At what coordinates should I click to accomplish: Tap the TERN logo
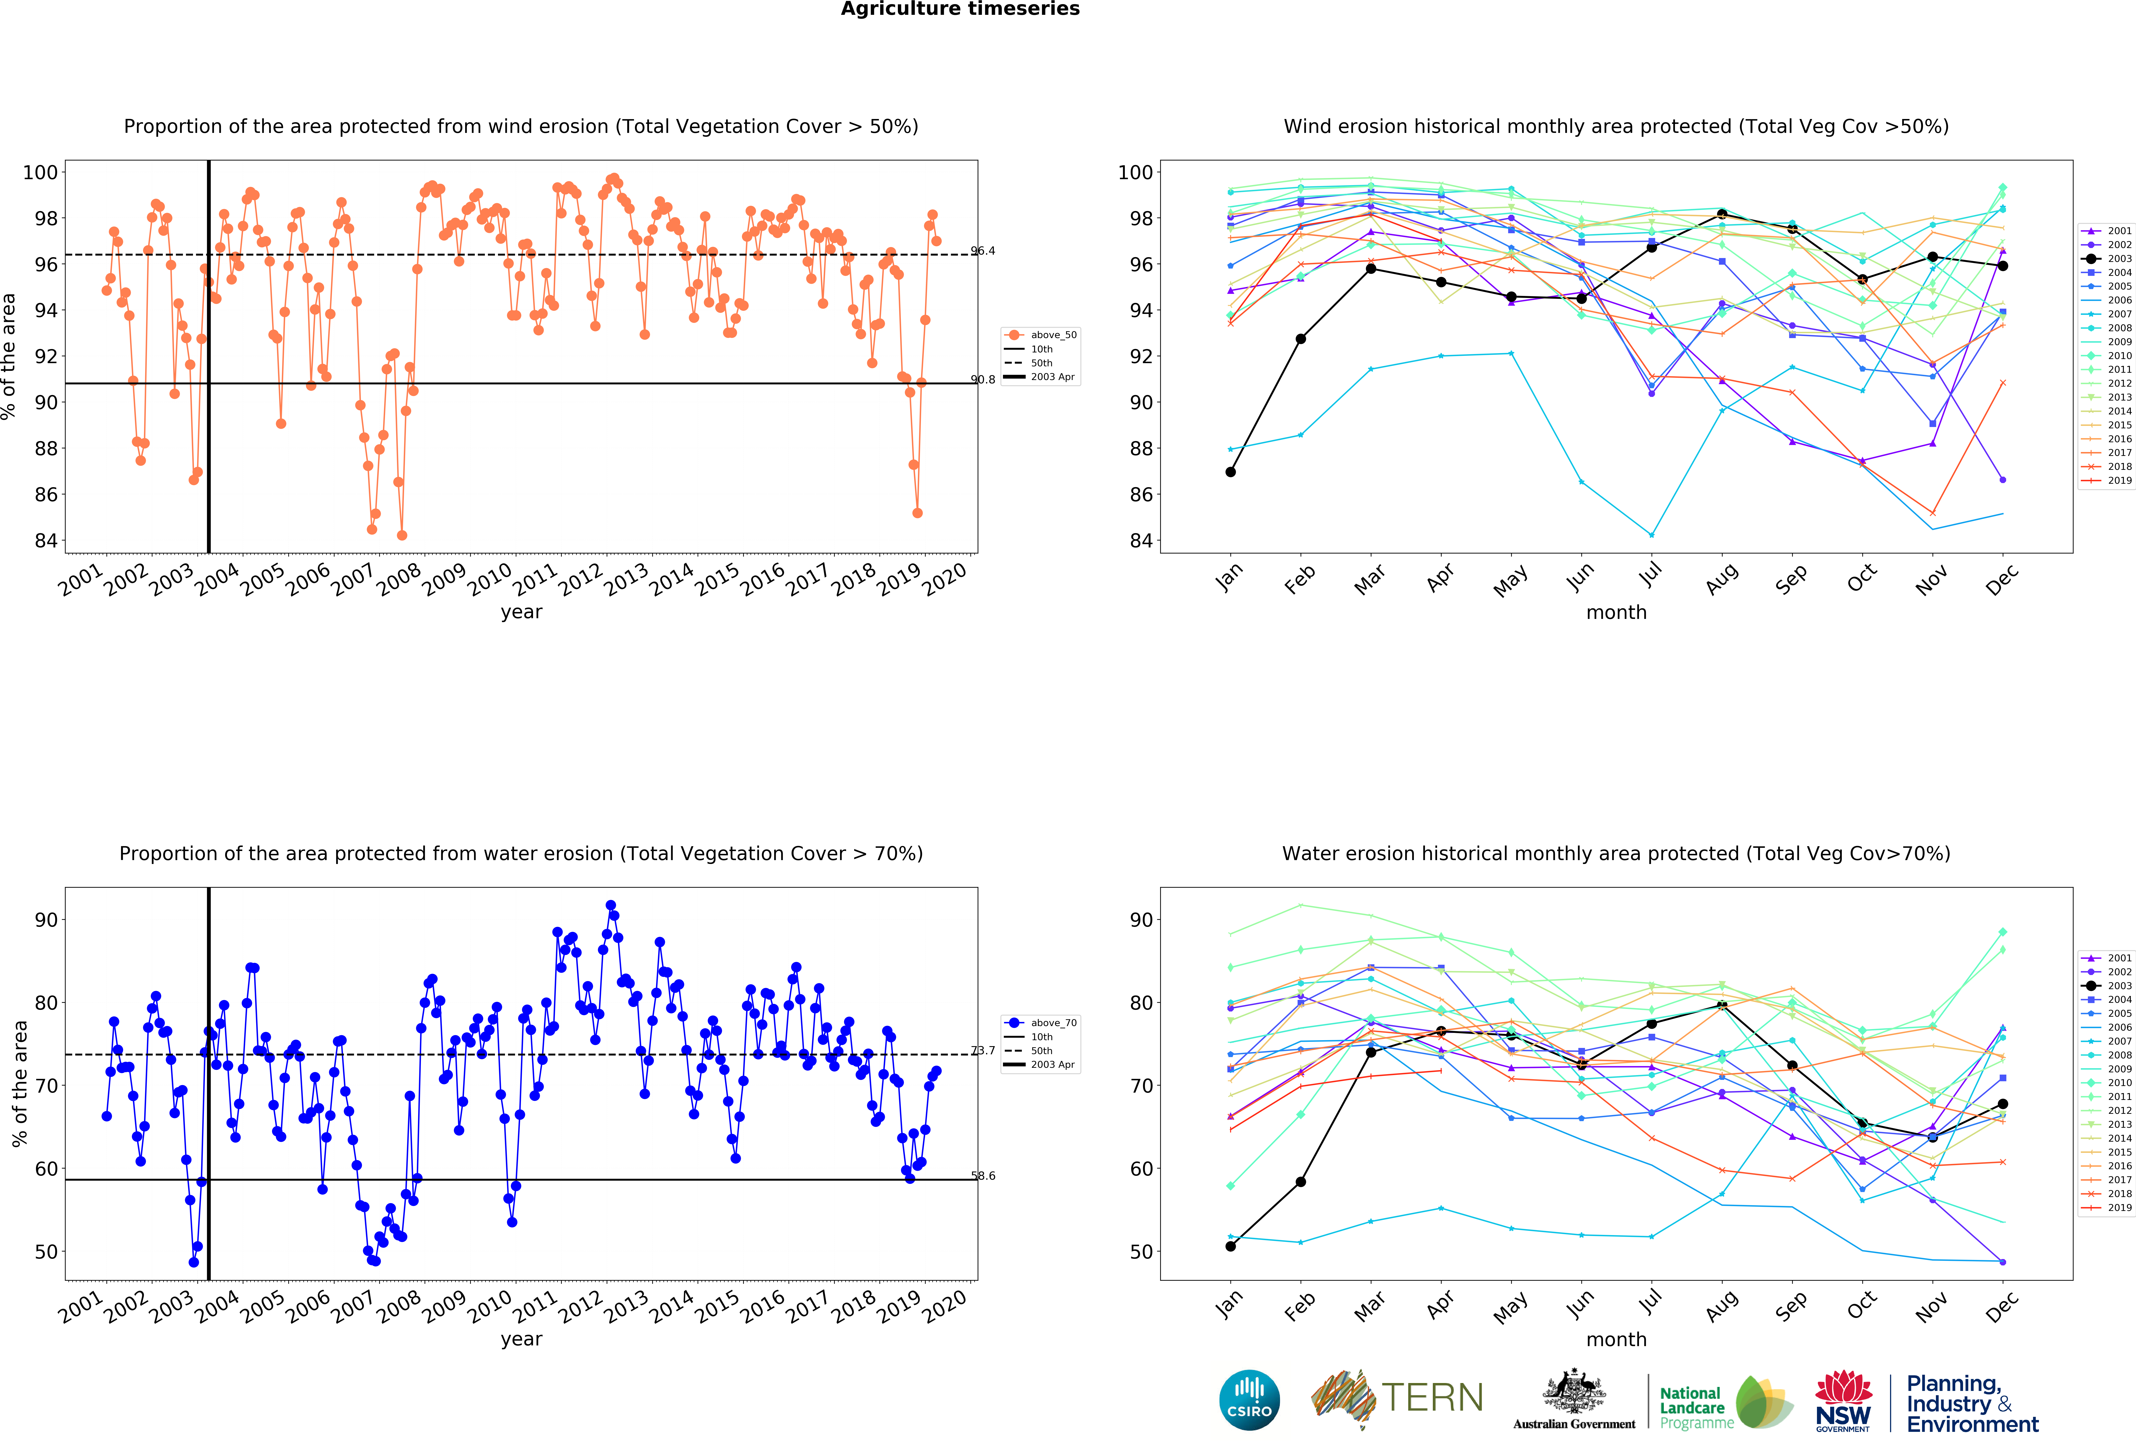point(1397,1398)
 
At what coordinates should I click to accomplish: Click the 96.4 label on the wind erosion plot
point(982,251)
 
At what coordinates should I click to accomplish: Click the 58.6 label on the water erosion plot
point(982,1176)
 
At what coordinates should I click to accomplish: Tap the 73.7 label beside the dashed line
point(982,1051)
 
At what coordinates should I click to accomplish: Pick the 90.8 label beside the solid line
point(982,380)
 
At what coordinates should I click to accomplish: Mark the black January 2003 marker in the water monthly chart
point(1231,1247)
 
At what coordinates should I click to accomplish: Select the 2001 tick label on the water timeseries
point(81,1306)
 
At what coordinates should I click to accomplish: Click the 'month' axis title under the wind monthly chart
point(1616,612)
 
